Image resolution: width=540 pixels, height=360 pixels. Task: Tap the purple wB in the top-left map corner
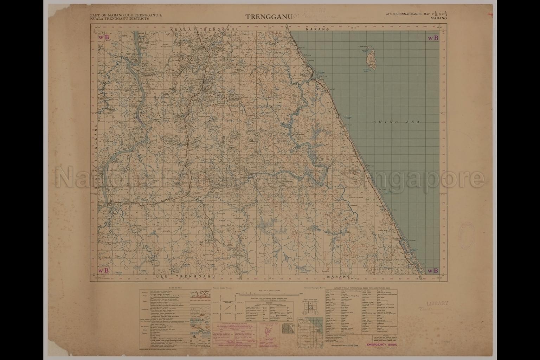click(103, 37)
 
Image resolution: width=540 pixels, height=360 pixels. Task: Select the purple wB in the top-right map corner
click(432, 38)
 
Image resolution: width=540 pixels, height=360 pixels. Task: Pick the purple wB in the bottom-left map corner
click(103, 270)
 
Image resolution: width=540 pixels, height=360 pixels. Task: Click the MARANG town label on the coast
click(304, 75)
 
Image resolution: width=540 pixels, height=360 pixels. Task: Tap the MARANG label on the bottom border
click(338, 277)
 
